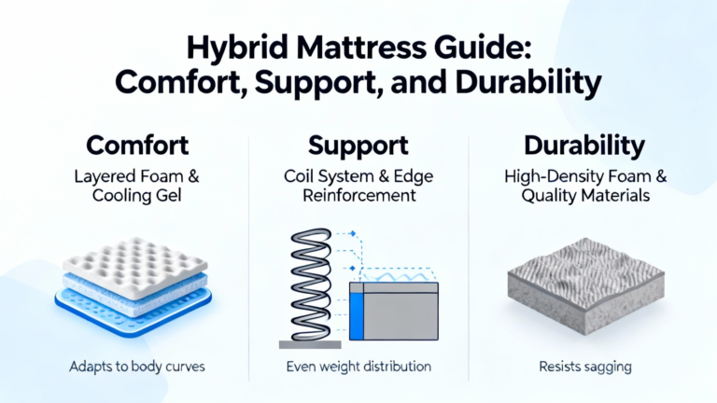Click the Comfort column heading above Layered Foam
tap(137, 146)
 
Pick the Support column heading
tap(358, 146)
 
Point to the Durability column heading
tap(584, 146)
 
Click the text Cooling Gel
tap(136, 196)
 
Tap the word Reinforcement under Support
tap(358, 196)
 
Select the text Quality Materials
tap(585, 196)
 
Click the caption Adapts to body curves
tap(136, 367)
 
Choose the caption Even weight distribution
tap(358, 367)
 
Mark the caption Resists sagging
tap(585, 367)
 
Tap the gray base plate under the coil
tap(310, 344)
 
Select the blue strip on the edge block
tap(357, 316)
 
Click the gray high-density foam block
tap(585, 285)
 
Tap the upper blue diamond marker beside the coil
tap(353, 233)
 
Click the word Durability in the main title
tap(528, 83)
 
